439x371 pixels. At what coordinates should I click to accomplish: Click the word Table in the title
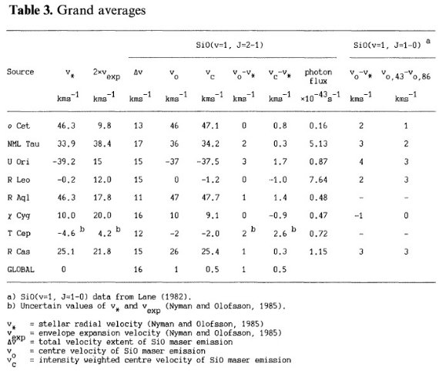coord(24,10)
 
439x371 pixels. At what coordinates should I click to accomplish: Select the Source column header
coord(21,72)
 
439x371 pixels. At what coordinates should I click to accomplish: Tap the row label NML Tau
coord(23,144)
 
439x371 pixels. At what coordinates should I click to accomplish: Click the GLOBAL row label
coord(21,269)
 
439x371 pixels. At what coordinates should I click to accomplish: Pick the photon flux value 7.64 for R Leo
coord(318,180)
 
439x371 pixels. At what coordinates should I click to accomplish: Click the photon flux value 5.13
coord(318,144)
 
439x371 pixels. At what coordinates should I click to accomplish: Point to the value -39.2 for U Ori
coord(64,162)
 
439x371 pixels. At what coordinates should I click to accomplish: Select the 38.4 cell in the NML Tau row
coord(102,144)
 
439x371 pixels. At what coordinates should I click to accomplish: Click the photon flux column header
coord(318,76)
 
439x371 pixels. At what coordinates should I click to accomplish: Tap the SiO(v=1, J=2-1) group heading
coord(230,46)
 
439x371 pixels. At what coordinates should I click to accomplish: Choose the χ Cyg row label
coord(18,216)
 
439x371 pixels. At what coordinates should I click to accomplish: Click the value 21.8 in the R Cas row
coord(102,251)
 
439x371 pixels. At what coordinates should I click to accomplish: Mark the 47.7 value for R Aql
coord(210,197)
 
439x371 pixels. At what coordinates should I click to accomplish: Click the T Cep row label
coord(18,234)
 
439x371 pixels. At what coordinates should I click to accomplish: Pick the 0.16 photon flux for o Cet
coord(318,126)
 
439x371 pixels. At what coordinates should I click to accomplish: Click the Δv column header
coord(138,72)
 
